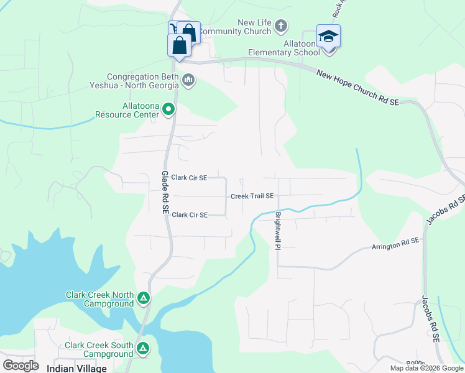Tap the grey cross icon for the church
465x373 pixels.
(x=281, y=26)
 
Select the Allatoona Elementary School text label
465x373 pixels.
(x=283, y=48)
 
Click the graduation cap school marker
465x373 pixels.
(x=328, y=37)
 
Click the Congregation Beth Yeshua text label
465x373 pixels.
(x=143, y=81)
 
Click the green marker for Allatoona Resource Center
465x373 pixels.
(x=168, y=111)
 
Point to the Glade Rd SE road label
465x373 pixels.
(x=165, y=193)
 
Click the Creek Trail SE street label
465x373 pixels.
(x=252, y=196)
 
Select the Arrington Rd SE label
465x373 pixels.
(x=396, y=244)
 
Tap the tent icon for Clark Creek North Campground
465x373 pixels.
(x=144, y=298)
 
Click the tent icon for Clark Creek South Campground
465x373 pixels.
(x=144, y=349)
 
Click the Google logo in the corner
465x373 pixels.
(x=20, y=366)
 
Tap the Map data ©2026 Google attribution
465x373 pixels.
(x=426, y=368)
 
